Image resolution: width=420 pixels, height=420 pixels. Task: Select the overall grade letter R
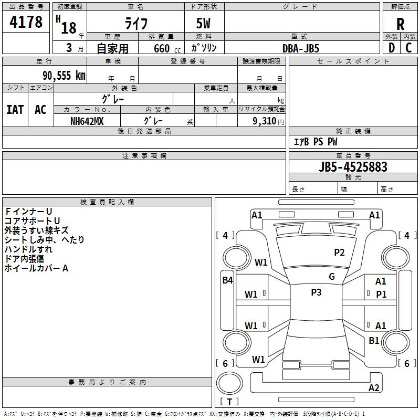(400, 24)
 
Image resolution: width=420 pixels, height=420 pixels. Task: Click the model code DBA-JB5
(301, 48)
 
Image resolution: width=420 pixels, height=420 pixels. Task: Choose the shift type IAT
(15, 110)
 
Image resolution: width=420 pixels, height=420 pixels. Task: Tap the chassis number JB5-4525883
(353, 167)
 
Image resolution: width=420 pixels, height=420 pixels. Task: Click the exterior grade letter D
(392, 48)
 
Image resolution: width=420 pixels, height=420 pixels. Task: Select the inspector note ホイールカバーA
(36, 268)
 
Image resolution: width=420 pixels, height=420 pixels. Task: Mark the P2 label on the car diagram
(339, 253)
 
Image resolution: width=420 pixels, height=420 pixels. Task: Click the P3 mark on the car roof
(316, 292)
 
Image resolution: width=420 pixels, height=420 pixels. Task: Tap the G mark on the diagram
(332, 277)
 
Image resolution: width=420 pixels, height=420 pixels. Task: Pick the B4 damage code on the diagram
(227, 280)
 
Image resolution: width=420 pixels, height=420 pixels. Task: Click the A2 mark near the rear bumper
(374, 388)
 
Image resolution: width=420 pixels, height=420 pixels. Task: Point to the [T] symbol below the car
(229, 402)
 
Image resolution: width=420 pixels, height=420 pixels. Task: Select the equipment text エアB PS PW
(315, 142)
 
